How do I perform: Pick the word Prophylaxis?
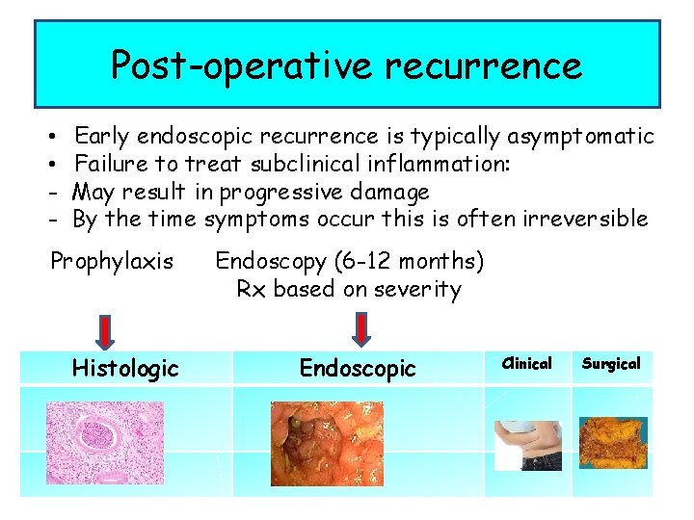coord(112,261)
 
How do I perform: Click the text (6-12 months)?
coord(405,261)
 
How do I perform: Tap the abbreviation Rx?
coord(252,289)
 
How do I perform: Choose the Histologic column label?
coord(125,368)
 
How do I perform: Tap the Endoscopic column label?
coord(358,368)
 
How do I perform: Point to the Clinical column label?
coord(528,364)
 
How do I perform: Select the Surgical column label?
coord(611,364)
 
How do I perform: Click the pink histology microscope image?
coord(105,442)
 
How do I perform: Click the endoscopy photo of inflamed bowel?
coord(327,443)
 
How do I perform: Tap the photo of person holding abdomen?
coord(527,444)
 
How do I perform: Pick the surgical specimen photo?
coord(612,444)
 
